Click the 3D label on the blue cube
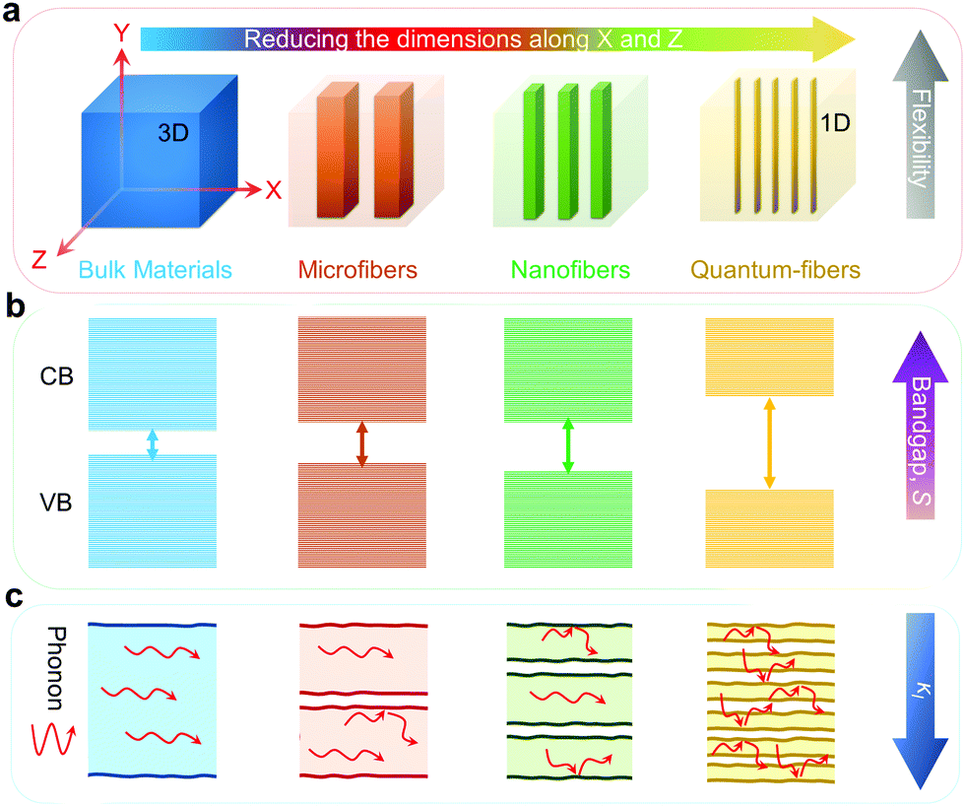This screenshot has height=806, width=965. click(x=173, y=133)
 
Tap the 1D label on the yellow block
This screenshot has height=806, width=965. click(x=835, y=123)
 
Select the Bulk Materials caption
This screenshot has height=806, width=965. click(x=156, y=270)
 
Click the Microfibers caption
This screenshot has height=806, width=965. click(x=357, y=270)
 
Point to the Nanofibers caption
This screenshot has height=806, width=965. click(x=570, y=270)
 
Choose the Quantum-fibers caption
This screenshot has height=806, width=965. click(x=776, y=270)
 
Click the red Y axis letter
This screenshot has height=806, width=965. click(x=122, y=33)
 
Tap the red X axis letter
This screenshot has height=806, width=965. click(x=274, y=190)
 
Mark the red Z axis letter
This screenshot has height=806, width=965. click(x=39, y=260)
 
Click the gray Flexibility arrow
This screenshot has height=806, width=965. click(x=921, y=124)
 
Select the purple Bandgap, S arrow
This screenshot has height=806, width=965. click(x=921, y=426)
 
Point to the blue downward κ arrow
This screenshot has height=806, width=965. click(x=921, y=701)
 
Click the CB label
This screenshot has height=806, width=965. click(x=57, y=376)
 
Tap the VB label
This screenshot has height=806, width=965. click(x=56, y=503)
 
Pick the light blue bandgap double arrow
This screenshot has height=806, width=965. click(x=153, y=444)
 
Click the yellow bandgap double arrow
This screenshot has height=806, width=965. click(x=769, y=443)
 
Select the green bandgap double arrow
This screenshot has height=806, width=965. click(x=568, y=445)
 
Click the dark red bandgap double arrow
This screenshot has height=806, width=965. click(x=362, y=443)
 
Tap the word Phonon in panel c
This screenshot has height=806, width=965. click(x=56, y=669)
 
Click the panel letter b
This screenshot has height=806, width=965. click(x=15, y=305)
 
